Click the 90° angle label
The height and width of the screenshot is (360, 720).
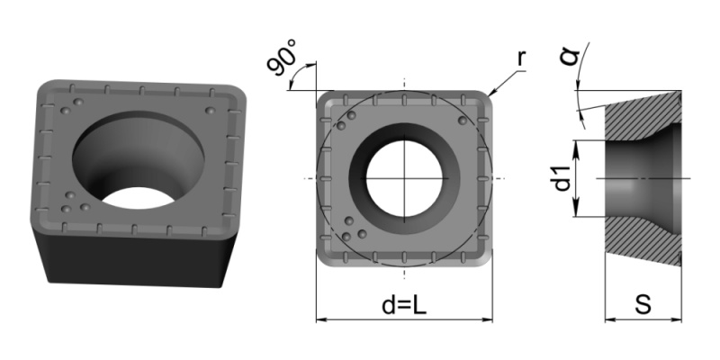tap(282, 58)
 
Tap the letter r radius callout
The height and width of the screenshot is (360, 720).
tap(521, 58)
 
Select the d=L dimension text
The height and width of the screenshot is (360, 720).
tap(404, 305)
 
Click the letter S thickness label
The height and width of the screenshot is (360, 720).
tap(643, 304)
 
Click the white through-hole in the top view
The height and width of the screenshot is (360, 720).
tap(404, 178)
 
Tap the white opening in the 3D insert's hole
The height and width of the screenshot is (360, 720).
tap(138, 198)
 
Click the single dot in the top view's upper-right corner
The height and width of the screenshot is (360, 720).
tap(463, 121)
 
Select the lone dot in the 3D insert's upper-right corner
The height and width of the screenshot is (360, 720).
tap(210, 111)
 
